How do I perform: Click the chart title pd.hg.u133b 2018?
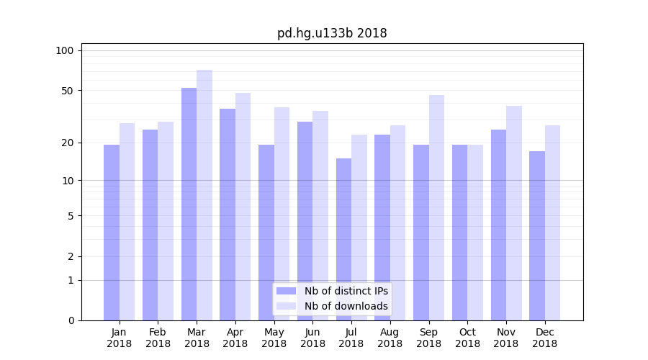[332, 33]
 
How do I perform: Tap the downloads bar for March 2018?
[204, 194]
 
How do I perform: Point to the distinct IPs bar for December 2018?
[537, 235]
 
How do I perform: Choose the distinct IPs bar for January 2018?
[112, 232]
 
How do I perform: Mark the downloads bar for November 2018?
[514, 212]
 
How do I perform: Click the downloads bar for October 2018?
[475, 232]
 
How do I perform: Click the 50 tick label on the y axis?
[67, 91]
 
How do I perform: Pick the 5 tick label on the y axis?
[70, 215]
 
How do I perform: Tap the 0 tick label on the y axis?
[70, 320]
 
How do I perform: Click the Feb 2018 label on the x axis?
[158, 338]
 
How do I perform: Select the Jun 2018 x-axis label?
[312, 338]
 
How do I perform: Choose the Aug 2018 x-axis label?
[390, 338]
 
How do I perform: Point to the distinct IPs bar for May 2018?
[266, 232]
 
